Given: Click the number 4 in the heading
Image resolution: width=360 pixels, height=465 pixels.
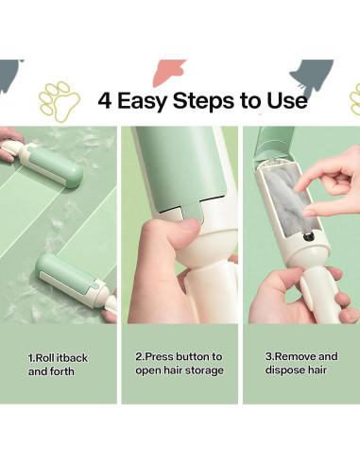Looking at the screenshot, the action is point(105,100).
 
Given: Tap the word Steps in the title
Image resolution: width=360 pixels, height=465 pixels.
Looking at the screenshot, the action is point(203,101).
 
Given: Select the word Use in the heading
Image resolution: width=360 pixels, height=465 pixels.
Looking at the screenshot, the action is point(287,100).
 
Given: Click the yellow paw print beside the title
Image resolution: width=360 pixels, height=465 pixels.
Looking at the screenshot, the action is point(59,101).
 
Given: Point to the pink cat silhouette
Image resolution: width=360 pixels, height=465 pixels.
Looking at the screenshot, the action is point(168,73).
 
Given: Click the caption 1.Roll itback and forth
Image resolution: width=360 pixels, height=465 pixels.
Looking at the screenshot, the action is point(58,365).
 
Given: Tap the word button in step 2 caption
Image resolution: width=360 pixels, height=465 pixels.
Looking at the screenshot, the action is point(190,356).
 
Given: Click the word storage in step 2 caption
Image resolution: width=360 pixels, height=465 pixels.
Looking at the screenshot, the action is point(204,370).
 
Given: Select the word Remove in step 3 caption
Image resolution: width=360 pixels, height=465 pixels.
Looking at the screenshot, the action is point(295,356).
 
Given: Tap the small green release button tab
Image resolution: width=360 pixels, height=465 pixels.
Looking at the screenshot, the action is point(191,212).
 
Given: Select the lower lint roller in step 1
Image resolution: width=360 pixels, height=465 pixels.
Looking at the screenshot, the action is point(77,281).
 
